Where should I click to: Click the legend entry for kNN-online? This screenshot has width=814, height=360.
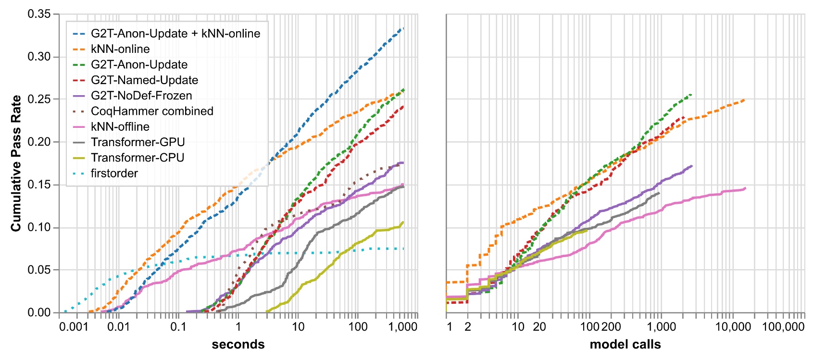[120, 49]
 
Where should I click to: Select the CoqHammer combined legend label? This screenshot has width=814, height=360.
[151, 111]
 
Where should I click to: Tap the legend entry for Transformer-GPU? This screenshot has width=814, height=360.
[138, 142]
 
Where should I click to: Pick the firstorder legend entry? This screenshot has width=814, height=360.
[114, 173]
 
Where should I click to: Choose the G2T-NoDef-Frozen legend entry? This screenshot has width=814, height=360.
[141, 96]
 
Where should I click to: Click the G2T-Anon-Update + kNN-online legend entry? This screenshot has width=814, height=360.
[175, 34]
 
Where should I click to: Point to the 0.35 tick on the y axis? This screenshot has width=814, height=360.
[39, 14]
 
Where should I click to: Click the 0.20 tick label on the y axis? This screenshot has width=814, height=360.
[39, 142]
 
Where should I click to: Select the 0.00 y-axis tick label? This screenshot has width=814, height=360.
[39, 312]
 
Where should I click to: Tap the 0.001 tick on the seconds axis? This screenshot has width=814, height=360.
[74, 327]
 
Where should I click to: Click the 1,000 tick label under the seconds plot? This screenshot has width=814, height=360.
[402, 327]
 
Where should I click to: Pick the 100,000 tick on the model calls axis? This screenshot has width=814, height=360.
[783, 327]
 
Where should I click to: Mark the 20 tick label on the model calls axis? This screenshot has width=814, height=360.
[539, 327]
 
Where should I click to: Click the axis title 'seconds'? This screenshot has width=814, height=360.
[238, 345]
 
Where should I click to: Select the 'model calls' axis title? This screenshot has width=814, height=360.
[625, 345]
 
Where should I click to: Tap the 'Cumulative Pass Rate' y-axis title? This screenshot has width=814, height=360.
[16, 163]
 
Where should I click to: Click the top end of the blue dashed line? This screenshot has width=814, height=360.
[403, 29]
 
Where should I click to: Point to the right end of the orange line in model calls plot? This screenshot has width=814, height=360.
[745, 99]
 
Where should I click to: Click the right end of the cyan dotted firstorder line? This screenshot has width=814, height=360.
[403, 248]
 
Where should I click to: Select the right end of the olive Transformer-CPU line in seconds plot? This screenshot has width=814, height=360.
[403, 222]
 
